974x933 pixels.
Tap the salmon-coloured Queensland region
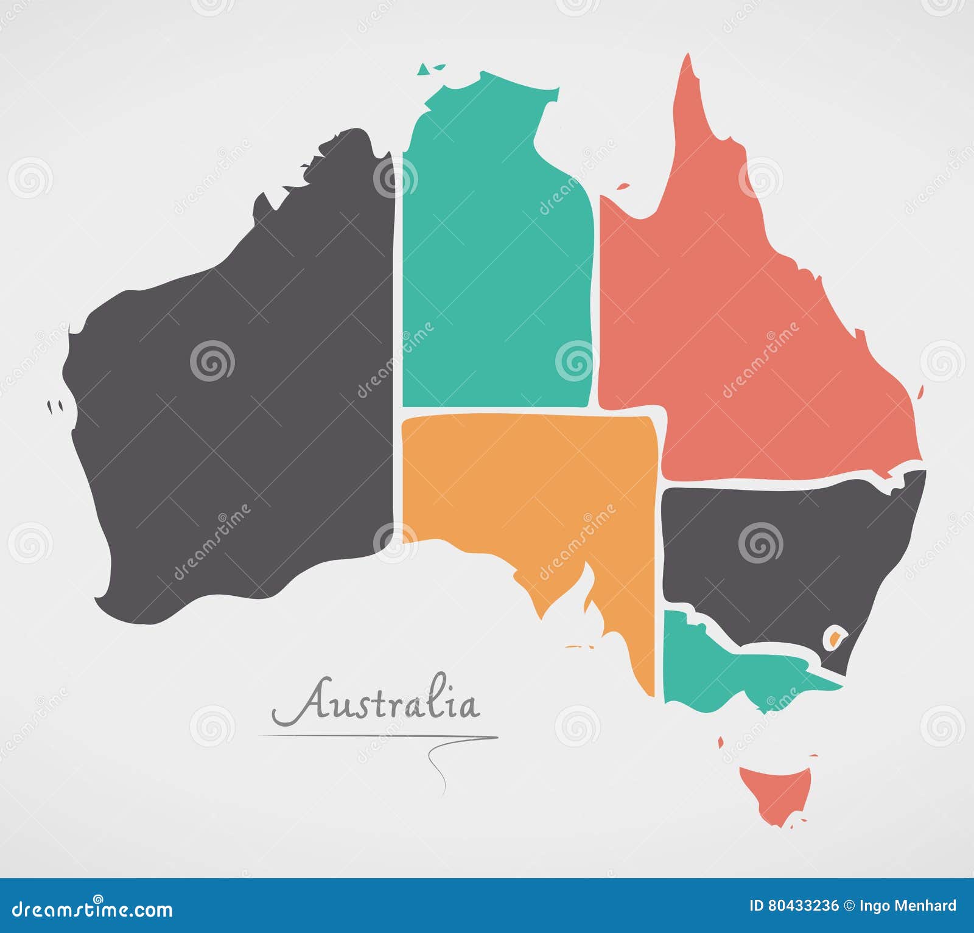pos(749,335)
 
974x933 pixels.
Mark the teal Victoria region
pos(730,676)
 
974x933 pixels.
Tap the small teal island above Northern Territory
pos(430,69)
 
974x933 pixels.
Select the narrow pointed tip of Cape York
pos(688,67)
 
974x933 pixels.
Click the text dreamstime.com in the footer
pos(91,909)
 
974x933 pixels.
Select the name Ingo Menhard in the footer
pos(908,906)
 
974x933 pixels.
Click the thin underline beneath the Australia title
pos(377,736)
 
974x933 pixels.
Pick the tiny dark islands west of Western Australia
pos(55,405)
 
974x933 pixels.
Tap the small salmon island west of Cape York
pos(623,186)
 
